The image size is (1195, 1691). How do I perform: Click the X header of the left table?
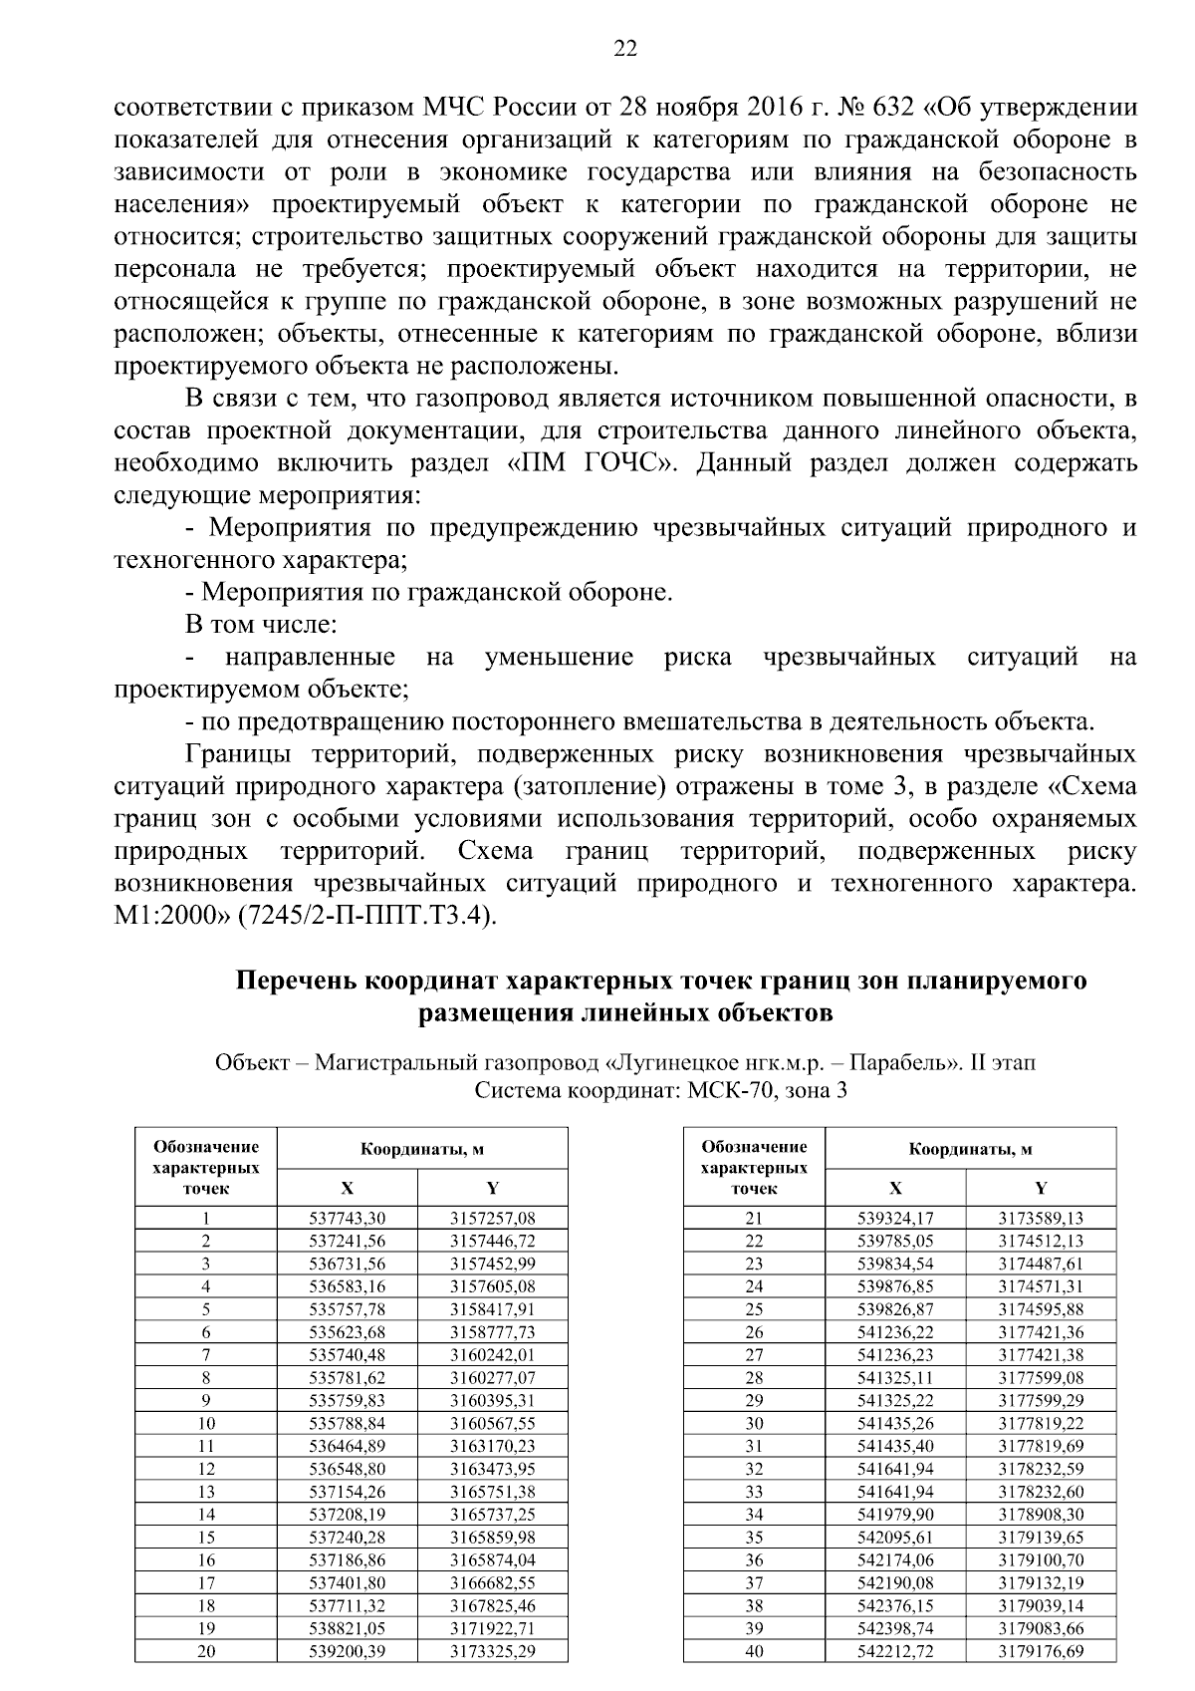click(x=347, y=1188)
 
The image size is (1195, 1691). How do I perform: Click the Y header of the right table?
click(x=1041, y=1188)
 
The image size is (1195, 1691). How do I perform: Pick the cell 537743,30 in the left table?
click(x=347, y=1218)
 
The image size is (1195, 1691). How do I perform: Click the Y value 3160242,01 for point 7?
click(x=492, y=1354)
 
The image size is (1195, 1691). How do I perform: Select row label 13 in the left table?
click(x=206, y=1492)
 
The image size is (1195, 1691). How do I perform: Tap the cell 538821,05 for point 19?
click(x=347, y=1628)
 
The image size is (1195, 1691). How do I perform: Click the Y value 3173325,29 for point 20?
click(x=492, y=1651)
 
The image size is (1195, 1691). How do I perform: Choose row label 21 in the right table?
click(x=754, y=1218)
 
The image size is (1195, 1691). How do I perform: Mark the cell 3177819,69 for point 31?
click(x=1041, y=1446)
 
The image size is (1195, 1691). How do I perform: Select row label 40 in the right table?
click(x=754, y=1651)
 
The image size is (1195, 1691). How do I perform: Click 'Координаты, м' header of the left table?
click(x=422, y=1148)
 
